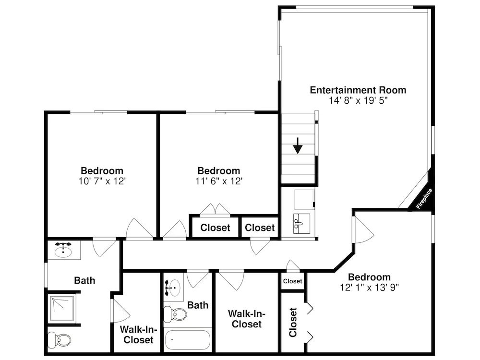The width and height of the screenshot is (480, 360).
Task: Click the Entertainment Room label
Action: [358, 90]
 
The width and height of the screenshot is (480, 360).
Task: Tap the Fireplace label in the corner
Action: [424, 199]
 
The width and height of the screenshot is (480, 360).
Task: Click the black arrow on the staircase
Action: [298, 146]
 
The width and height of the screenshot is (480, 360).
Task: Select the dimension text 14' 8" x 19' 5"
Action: [358, 100]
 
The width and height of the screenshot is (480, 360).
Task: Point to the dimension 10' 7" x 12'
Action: [102, 181]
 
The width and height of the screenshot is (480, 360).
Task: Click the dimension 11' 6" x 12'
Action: [219, 181]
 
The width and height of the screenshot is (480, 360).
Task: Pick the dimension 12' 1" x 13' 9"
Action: [369, 288]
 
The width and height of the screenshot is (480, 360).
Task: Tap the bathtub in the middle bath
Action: [188, 340]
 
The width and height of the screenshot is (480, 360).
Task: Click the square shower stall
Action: [62, 309]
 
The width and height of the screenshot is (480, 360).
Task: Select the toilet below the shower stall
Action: [60, 340]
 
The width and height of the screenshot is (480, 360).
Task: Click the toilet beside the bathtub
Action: [175, 314]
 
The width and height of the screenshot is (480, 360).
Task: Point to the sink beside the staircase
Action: [301, 224]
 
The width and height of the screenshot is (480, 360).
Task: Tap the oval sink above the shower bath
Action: [63, 250]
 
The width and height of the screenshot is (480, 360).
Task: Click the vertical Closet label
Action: [293, 323]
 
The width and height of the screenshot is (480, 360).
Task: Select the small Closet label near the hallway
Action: [292, 281]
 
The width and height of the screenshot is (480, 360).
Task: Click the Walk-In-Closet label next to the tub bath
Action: [246, 319]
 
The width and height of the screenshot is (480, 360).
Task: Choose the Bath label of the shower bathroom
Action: [84, 280]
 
